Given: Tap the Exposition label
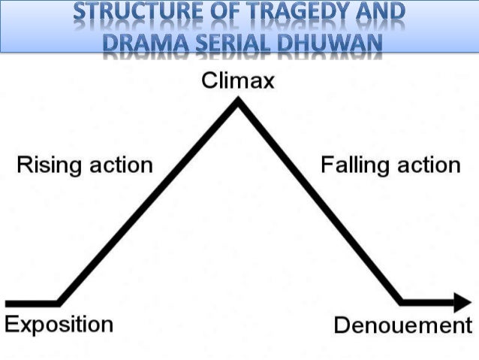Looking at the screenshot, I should (59, 325).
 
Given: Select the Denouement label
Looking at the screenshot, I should (402, 325).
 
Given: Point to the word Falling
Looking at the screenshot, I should (353, 165).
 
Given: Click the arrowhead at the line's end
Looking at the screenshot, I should (459, 303).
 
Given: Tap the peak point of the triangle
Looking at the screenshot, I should (239, 104).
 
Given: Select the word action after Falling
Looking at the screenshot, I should (425, 165).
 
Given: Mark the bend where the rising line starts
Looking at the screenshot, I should (59, 303).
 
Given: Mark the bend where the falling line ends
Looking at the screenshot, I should (402, 303).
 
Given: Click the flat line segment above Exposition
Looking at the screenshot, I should (30, 303).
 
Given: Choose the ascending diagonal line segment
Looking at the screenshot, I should (149, 203).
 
